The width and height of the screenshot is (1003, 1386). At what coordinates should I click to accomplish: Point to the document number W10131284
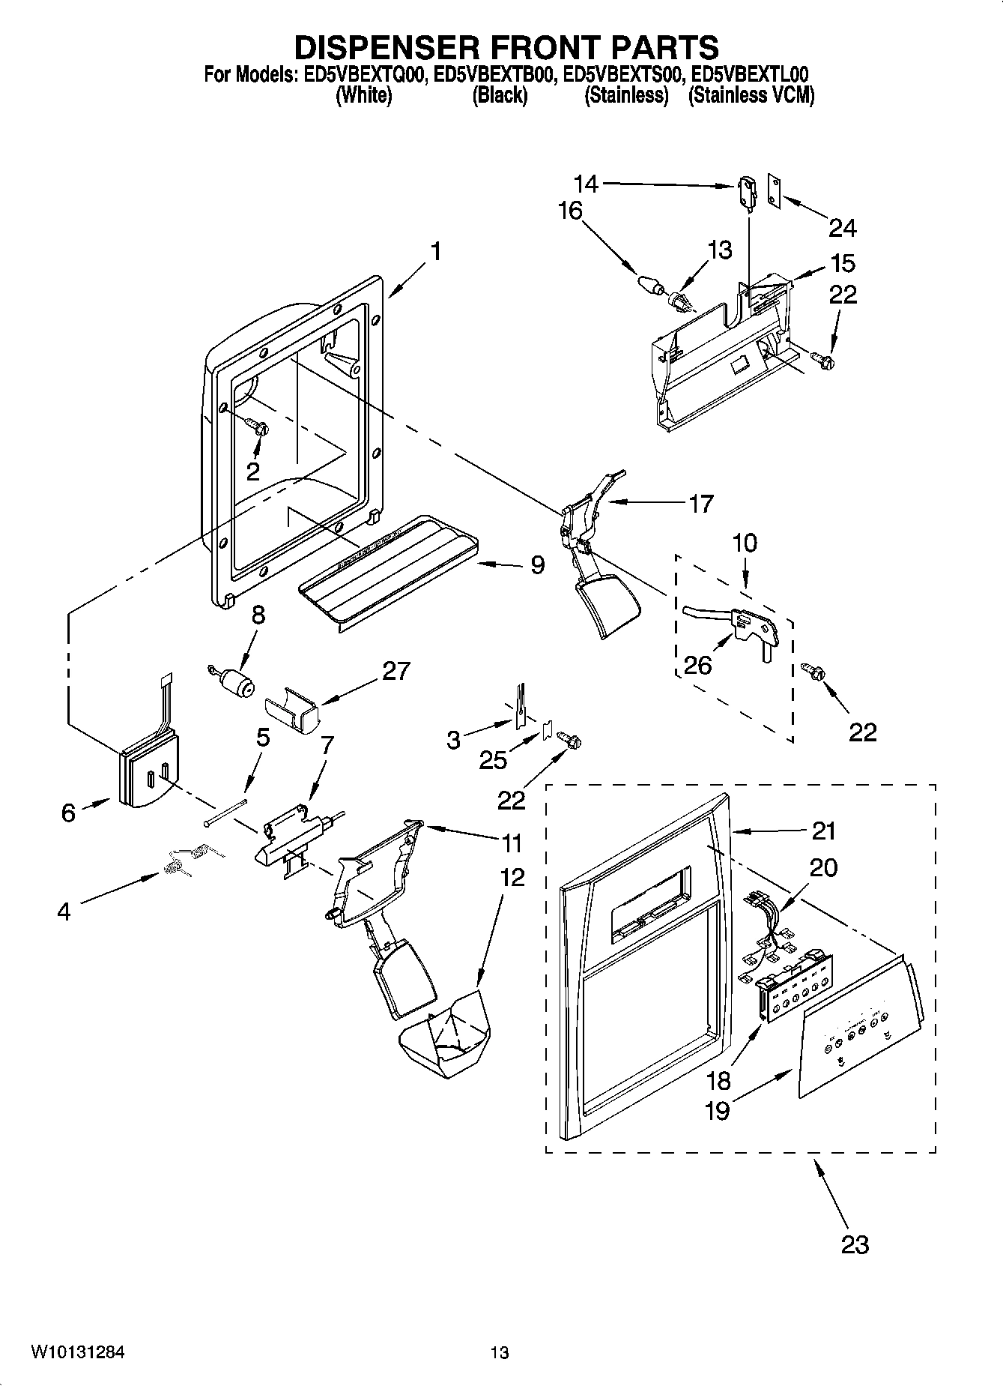point(77,1352)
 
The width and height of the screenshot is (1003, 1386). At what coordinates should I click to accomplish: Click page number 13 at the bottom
point(500,1352)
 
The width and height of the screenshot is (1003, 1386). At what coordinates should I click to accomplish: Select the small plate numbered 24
point(774,190)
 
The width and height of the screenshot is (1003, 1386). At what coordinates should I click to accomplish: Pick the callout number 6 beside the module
point(68,812)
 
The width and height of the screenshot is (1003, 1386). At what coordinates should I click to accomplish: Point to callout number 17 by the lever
point(700,503)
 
